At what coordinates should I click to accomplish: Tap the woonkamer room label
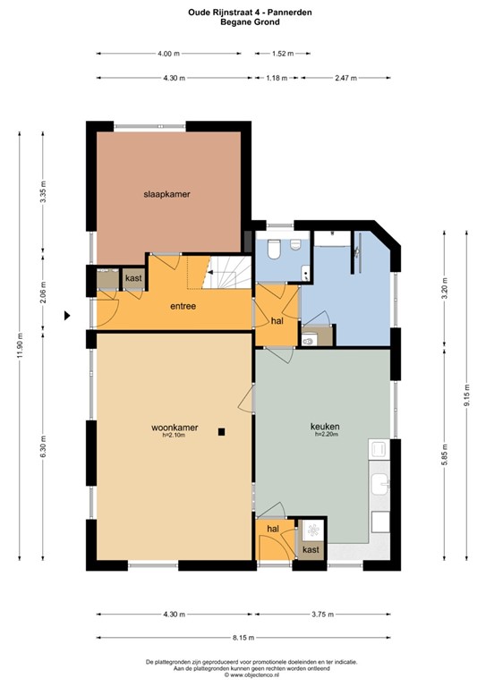pos(169,428)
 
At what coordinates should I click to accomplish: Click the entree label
pos(183,307)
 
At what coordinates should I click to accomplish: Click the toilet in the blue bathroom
pos(274,249)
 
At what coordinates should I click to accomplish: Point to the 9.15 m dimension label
pos(466,394)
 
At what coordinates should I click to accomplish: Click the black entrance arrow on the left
pos(66,315)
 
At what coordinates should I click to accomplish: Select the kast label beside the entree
pos(133,279)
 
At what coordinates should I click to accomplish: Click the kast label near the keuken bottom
pos(311,550)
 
